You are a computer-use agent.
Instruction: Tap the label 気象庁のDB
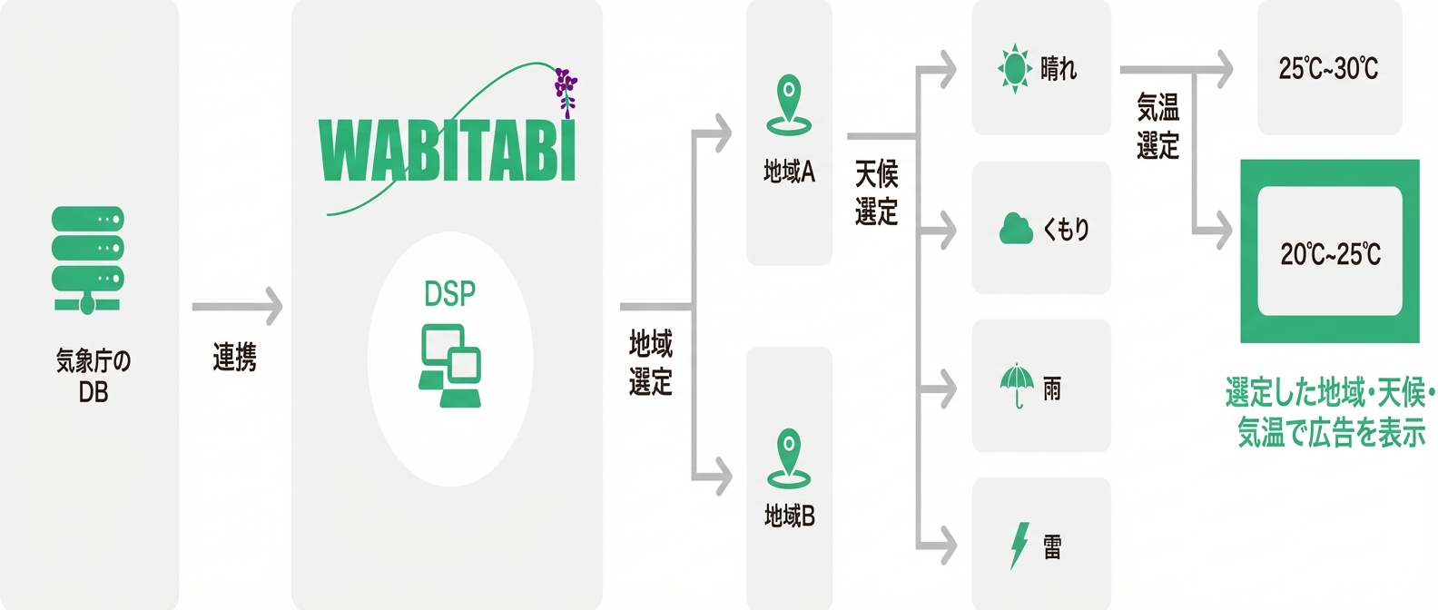pos(93,376)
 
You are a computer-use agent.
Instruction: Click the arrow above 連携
pos(237,307)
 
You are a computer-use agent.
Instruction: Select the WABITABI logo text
pos(448,151)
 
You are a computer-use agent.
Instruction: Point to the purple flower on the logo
pos(566,90)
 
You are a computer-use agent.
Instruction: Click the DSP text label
pos(449,294)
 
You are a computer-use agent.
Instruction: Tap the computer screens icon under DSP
pos(449,365)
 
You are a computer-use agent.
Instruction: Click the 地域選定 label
pos(651,363)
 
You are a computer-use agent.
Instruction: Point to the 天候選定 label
pos(876,192)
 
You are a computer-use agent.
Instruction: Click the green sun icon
pos(1014,68)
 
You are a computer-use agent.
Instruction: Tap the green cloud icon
pos(1016,229)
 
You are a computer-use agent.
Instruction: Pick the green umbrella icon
pos(1017,386)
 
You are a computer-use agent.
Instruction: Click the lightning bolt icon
pos(1019,546)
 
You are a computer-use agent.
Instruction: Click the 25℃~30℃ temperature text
pos(1328,68)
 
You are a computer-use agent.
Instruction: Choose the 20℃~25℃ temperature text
pos(1330,254)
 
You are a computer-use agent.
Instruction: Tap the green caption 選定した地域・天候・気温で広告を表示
pos(1330,413)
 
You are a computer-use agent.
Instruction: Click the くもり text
pos(1066,229)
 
